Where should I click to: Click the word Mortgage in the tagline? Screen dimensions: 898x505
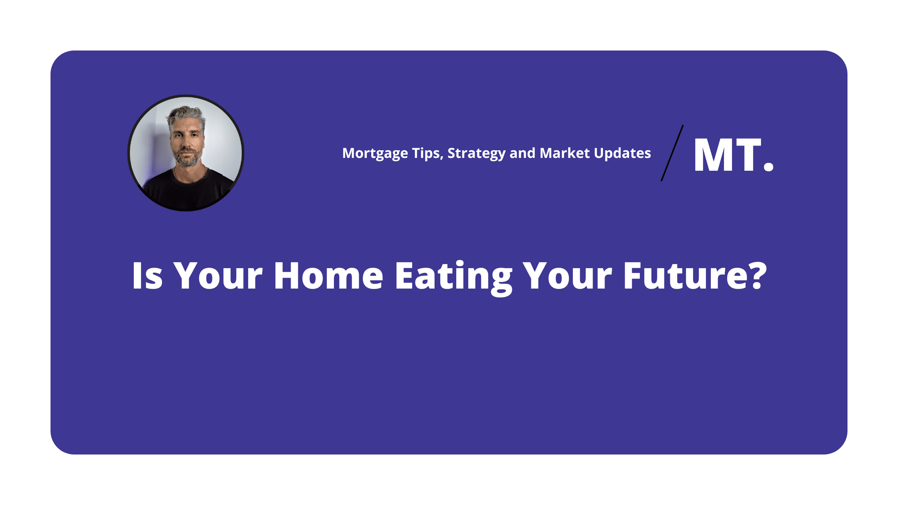[375, 154]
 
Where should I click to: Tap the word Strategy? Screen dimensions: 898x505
[476, 154]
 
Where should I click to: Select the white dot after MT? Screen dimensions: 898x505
[768, 166]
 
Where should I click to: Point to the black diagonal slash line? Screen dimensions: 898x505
[672, 153]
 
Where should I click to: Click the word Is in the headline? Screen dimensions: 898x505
[148, 276]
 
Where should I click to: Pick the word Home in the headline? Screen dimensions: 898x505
[329, 276]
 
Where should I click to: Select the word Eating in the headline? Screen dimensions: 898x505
[454, 278]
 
